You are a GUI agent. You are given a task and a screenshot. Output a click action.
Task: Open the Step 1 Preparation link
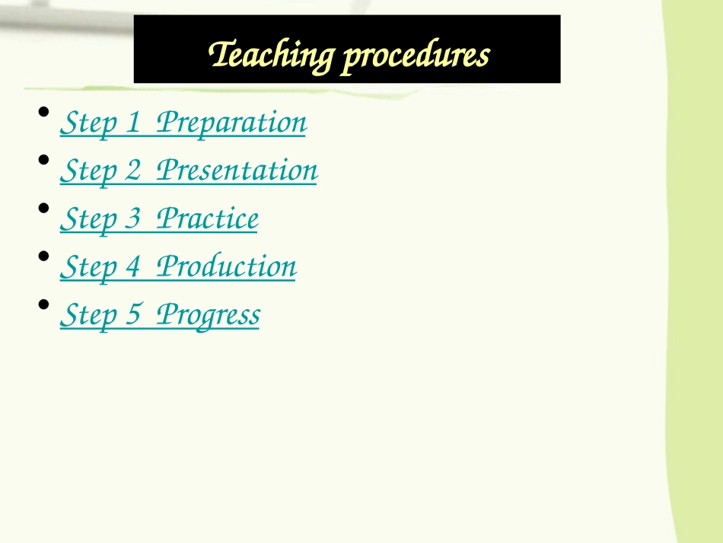tap(183, 122)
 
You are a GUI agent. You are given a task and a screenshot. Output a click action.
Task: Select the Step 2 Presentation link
tap(188, 170)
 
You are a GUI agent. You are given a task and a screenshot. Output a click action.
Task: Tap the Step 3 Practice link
tap(158, 219)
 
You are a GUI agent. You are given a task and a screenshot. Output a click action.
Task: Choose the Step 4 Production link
tap(177, 267)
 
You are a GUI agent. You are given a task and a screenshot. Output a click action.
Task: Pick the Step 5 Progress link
tap(159, 315)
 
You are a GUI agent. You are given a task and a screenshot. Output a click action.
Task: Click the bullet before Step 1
tap(44, 112)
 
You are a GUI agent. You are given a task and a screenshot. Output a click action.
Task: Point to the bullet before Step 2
tap(44, 160)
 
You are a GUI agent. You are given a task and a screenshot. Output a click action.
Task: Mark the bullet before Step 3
tap(44, 208)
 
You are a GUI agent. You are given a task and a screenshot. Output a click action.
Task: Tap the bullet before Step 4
tap(44, 256)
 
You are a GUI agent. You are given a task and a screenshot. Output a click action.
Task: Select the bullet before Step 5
tap(44, 304)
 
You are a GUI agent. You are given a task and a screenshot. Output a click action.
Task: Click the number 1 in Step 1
tap(133, 122)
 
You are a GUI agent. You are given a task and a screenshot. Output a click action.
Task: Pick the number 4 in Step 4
tap(134, 267)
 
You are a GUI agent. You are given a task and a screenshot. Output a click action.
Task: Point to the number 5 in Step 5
tap(134, 315)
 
